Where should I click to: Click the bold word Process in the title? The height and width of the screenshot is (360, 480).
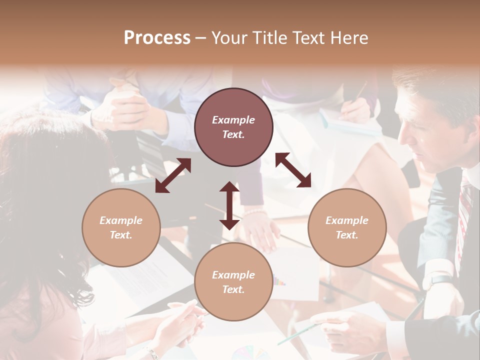(x=157, y=38)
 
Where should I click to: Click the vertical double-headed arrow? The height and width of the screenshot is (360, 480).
(x=229, y=205)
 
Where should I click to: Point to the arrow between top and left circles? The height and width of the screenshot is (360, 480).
(x=173, y=175)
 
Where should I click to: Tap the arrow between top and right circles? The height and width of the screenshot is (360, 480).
(x=293, y=170)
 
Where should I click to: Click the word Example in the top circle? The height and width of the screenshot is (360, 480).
(x=233, y=120)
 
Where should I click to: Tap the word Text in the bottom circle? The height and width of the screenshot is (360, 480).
(x=232, y=289)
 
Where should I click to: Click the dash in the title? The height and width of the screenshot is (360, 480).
(x=201, y=38)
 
